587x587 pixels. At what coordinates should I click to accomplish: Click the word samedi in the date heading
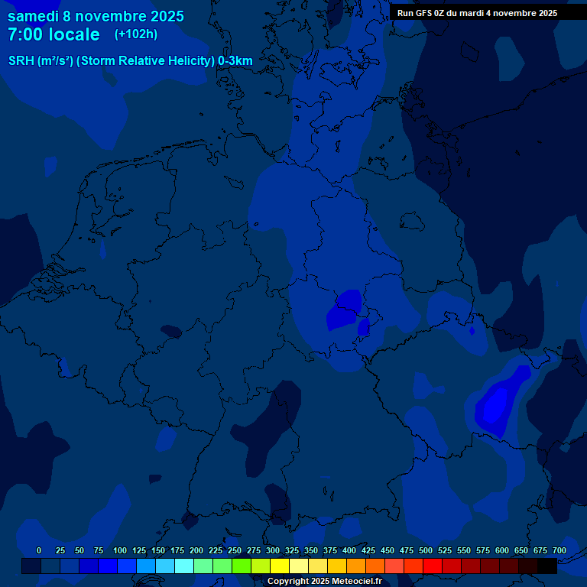click(33, 16)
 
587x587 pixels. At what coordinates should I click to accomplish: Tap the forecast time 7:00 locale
click(54, 34)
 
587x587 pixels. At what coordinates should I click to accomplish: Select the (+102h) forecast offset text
click(136, 34)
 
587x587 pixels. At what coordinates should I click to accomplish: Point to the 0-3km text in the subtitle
click(235, 60)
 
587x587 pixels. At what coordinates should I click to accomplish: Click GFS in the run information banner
click(425, 13)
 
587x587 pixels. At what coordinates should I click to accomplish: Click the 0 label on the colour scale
click(39, 550)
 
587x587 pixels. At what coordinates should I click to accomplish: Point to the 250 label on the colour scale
click(235, 550)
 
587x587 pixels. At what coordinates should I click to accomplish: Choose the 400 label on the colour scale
click(349, 550)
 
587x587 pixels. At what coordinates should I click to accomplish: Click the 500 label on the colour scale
click(426, 550)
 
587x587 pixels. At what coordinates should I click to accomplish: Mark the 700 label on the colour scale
click(559, 550)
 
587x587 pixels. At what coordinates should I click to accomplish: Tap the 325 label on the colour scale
click(292, 550)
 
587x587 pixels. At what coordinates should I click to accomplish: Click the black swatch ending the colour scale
click(547, 566)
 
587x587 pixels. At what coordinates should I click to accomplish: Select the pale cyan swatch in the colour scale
click(184, 566)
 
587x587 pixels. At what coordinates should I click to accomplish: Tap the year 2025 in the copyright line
click(306, 582)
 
